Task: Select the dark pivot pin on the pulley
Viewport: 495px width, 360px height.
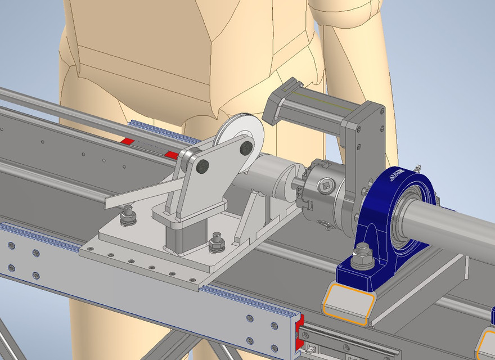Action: pyautogui.click(x=246, y=148)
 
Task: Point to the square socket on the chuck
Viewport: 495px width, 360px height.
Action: pyautogui.click(x=326, y=185)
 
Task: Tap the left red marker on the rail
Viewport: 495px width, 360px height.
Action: pyautogui.click(x=129, y=140)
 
